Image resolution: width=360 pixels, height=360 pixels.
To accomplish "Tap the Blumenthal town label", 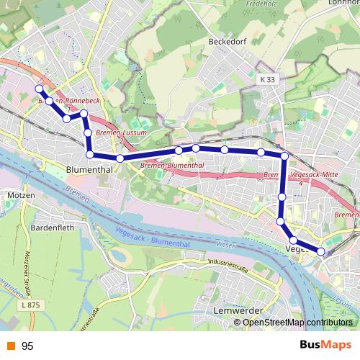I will [x=89, y=169].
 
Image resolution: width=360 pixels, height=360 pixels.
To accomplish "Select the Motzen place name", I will [x=19, y=195].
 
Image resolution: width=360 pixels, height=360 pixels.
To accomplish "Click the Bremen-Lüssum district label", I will [x=120, y=133].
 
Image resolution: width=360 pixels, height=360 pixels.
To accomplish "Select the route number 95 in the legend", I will [x=28, y=346].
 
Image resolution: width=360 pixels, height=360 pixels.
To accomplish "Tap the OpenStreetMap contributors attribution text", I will [x=297, y=322].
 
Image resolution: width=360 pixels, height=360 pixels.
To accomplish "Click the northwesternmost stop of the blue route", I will [x=40, y=89].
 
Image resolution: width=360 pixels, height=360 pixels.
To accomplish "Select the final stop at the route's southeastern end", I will [x=320, y=252].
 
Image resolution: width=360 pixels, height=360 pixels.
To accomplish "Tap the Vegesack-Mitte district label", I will [x=310, y=174].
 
